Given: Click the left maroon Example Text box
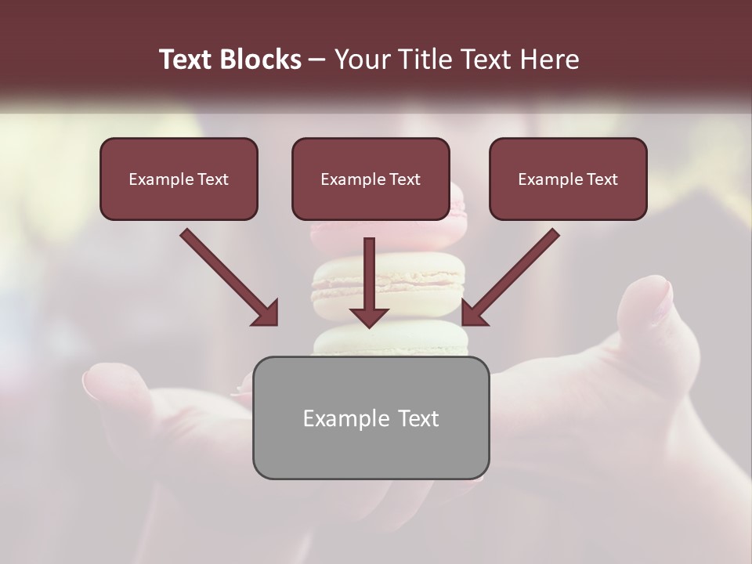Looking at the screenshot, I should [x=179, y=179].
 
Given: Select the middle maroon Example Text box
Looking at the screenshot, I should [x=371, y=179].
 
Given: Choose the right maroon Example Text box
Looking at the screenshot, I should [x=568, y=179].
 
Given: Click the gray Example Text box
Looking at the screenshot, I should [x=371, y=418].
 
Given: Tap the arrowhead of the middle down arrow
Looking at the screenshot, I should [x=370, y=317].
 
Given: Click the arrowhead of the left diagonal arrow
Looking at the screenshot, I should [x=267, y=314].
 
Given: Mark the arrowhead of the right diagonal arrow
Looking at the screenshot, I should [x=473, y=314].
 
